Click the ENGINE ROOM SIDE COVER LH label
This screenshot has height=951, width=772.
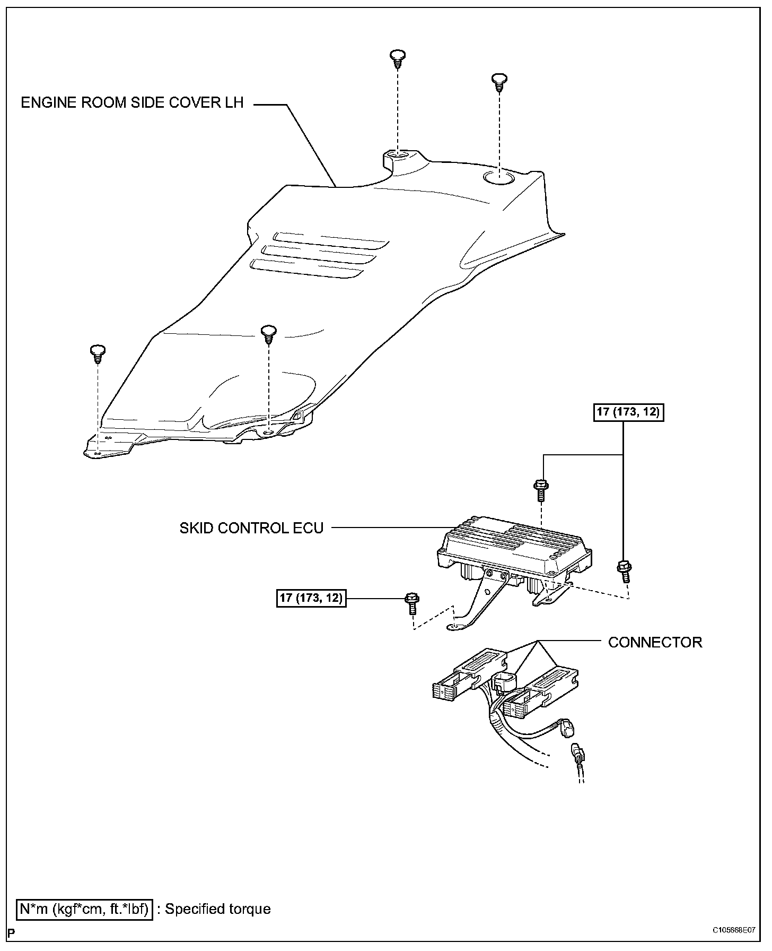point(132,102)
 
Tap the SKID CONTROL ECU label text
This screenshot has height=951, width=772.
point(251,528)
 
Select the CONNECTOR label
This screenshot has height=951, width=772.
point(655,642)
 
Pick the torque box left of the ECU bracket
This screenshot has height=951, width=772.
point(311,598)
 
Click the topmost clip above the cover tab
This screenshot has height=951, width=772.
point(397,58)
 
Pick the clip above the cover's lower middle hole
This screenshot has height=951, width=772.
point(269,334)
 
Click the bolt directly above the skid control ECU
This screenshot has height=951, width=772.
point(540,488)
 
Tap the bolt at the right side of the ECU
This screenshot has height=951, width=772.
point(624,570)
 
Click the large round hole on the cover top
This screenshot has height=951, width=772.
point(498,178)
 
